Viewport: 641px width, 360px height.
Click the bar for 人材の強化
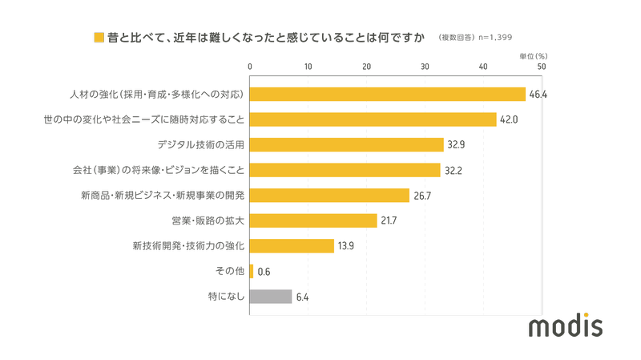pyautogui.click(x=388, y=95)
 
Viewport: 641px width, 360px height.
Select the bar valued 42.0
pyautogui.click(x=373, y=119)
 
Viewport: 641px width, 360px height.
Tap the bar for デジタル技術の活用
pyautogui.click(x=347, y=145)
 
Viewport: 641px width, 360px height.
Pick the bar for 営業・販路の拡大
pyautogui.click(x=313, y=220)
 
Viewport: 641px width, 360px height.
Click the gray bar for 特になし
pyautogui.click(x=271, y=297)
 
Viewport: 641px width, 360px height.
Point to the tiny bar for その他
pyautogui.click(x=252, y=271)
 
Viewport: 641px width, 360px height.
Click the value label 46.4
pyautogui.click(x=537, y=95)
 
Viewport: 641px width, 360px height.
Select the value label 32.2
pyautogui.click(x=454, y=170)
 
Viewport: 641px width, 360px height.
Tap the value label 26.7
pyautogui.click(x=422, y=196)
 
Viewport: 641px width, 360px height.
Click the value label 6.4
pyautogui.click(x=302, y=297)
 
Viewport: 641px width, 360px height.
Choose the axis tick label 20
pyautogui.click(x=367, y=67)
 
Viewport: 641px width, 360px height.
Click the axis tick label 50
pyautogui.click(x=542, y=67)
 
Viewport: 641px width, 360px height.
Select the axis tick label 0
pyautogui.click(x=251, y=67)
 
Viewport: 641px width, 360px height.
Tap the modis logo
pyautogui.click(x=566, y=326)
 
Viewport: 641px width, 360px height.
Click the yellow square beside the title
pyautogui.click(x=99, y=38)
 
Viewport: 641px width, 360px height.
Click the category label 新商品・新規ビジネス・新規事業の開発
pyautogui.click(x=163, y=196)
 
